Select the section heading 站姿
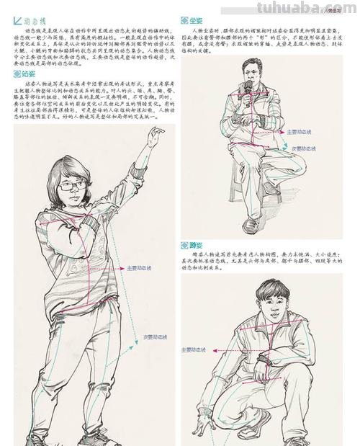pos(28,73)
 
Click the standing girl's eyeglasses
pos(73,186)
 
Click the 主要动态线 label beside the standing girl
pos(141,267)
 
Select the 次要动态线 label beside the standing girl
pos(156,336)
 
